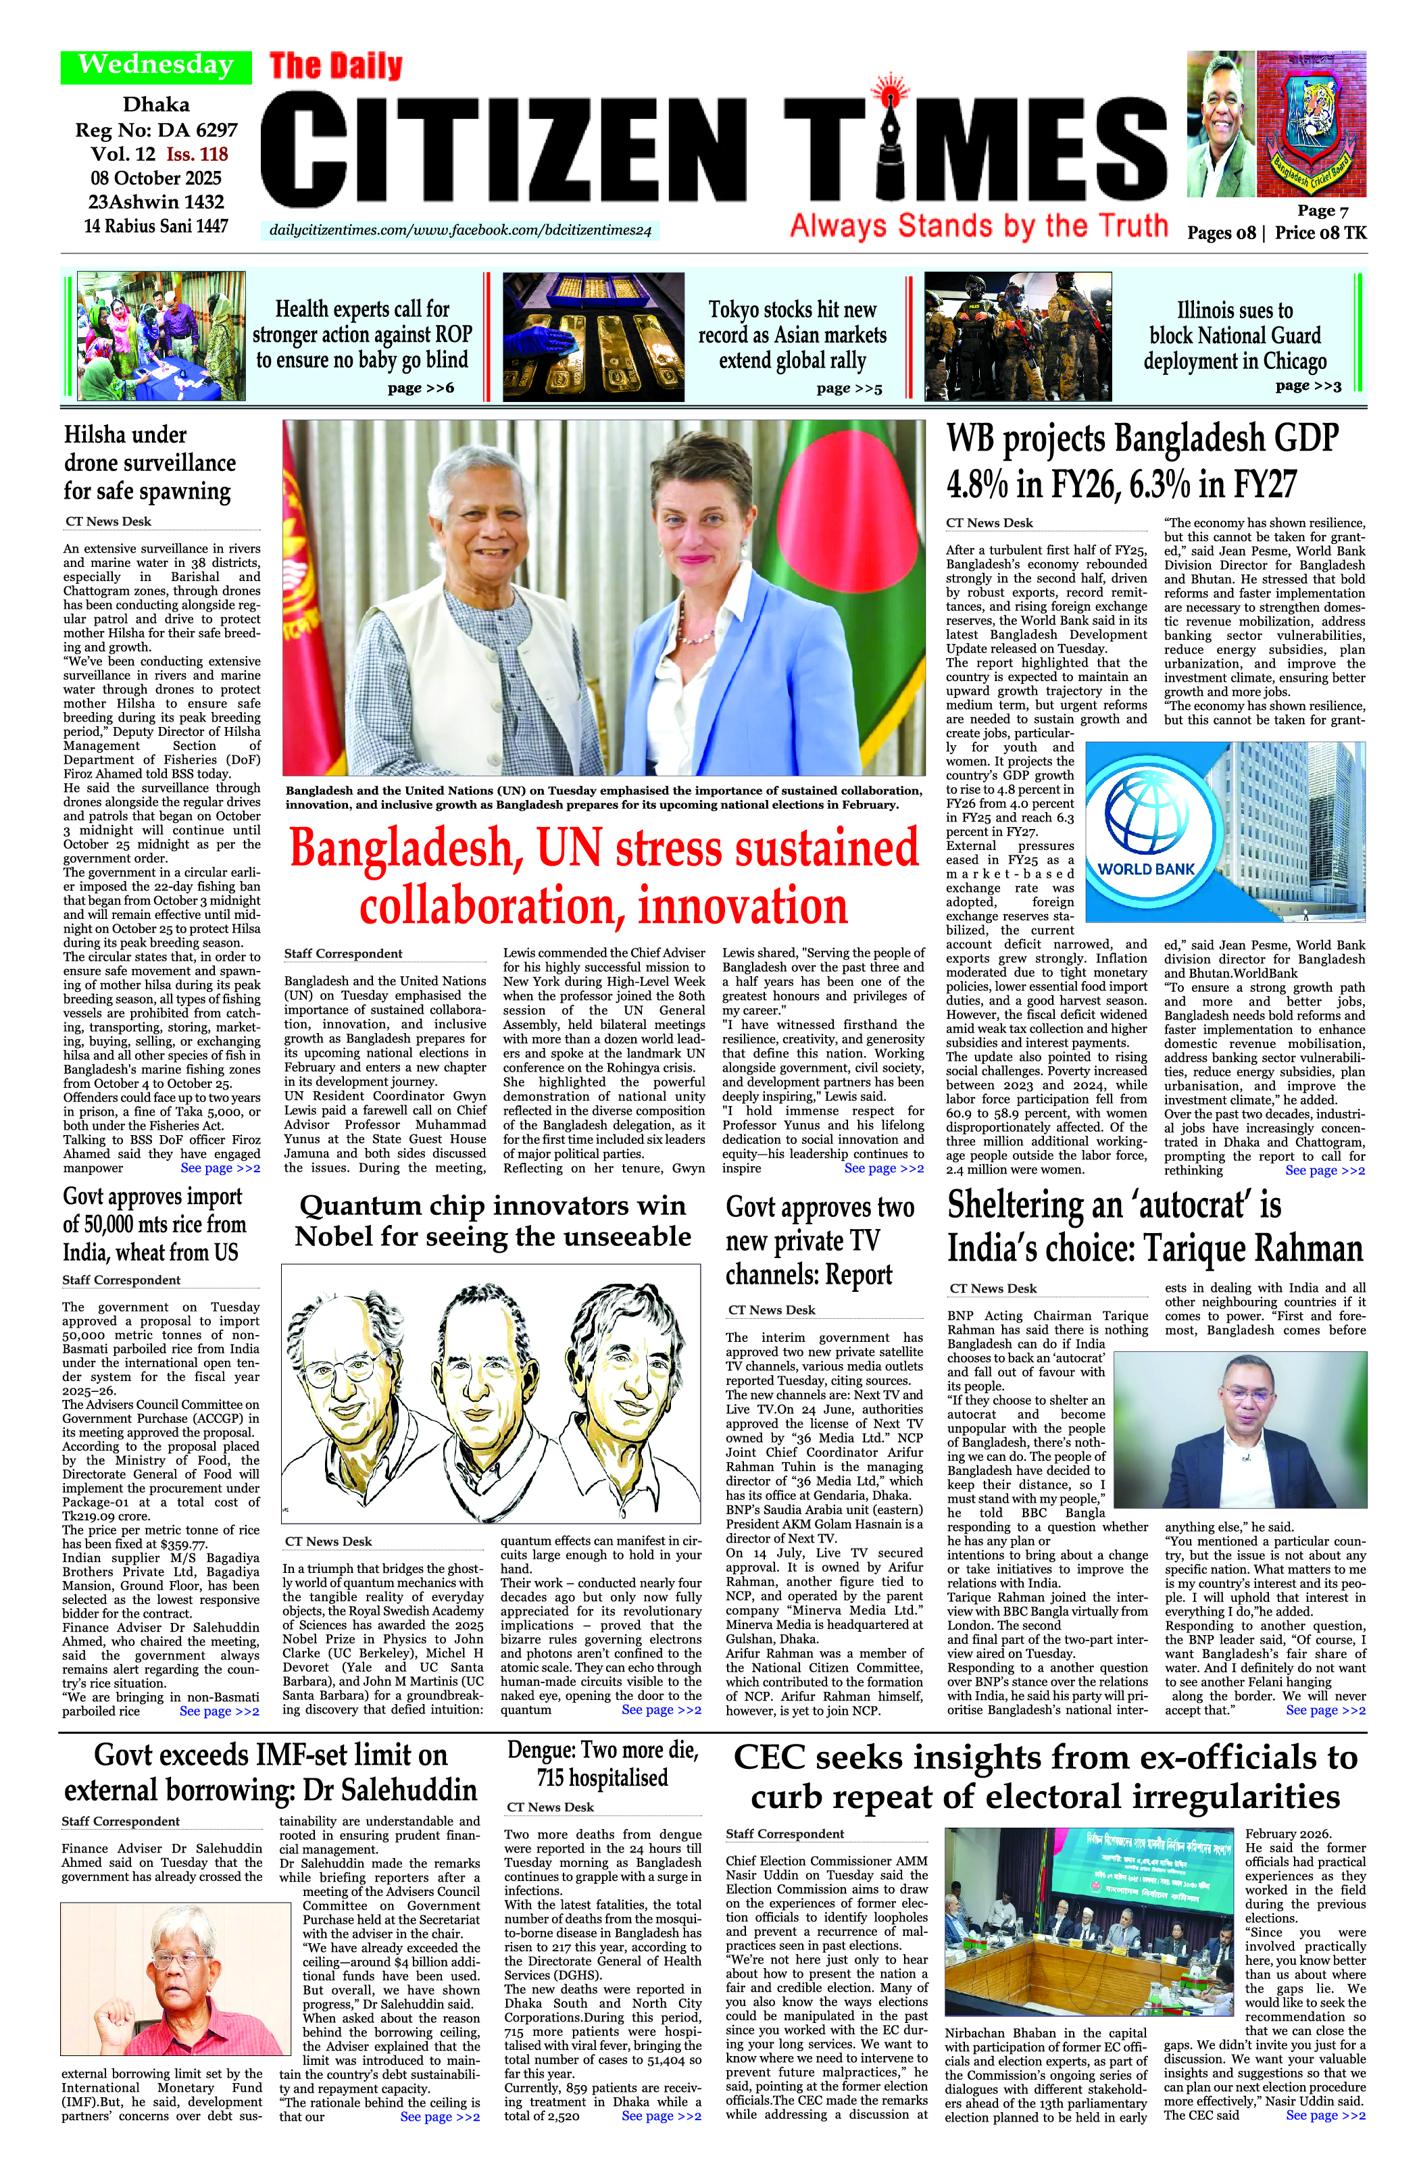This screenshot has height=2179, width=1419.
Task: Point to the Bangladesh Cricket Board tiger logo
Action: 1311,124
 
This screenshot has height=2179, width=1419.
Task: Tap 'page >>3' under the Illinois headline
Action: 1308,385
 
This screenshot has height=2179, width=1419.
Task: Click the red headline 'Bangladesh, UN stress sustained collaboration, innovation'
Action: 604,875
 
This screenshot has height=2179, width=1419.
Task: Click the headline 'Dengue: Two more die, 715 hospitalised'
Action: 602,1763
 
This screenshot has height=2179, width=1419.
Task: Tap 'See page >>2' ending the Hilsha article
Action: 220,1168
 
